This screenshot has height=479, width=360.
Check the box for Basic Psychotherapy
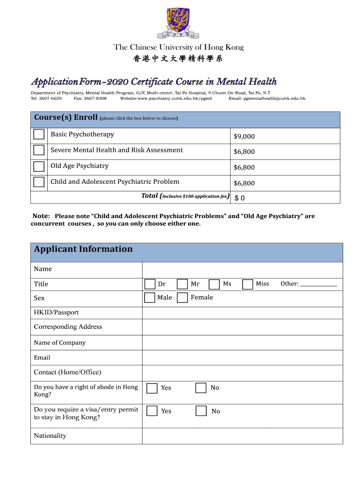(x=39, y=135)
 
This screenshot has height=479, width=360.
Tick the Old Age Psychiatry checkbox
(x=39, y=167)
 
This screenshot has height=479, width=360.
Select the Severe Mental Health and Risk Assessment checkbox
(x=39, y=151)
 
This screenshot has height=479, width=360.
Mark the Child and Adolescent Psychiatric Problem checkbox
(x=39, y=182)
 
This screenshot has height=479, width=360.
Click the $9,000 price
(x=244, y=137)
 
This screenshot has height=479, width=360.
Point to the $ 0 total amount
(x=239, y=198)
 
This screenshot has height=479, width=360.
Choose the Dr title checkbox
(x=150, y=284)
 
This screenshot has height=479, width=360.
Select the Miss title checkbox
(x=248, y=284)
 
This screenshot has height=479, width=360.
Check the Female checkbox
(x=183, y=298)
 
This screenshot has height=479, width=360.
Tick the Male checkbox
(x=150, y=298)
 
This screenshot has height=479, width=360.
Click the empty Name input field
(x=242, y=270)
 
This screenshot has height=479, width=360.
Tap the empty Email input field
(x=242, y=357)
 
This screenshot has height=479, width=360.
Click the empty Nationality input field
(x=242, y=435)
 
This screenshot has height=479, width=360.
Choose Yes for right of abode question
(x=152, y=388)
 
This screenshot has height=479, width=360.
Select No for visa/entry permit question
(x=201, y=411)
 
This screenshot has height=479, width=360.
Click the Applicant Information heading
(x=83, y=249)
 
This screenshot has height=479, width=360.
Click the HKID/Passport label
(x=56, y=312)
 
